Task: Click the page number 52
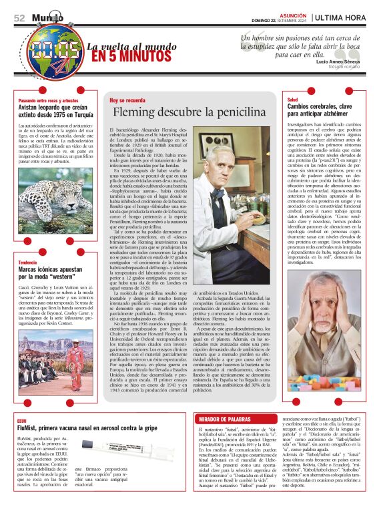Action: [19, 18]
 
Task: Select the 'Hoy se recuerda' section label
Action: [127, 100]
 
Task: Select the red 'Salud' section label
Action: [292, 99]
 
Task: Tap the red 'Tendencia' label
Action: [27, 263]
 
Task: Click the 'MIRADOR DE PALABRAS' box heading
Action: [221, 419]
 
